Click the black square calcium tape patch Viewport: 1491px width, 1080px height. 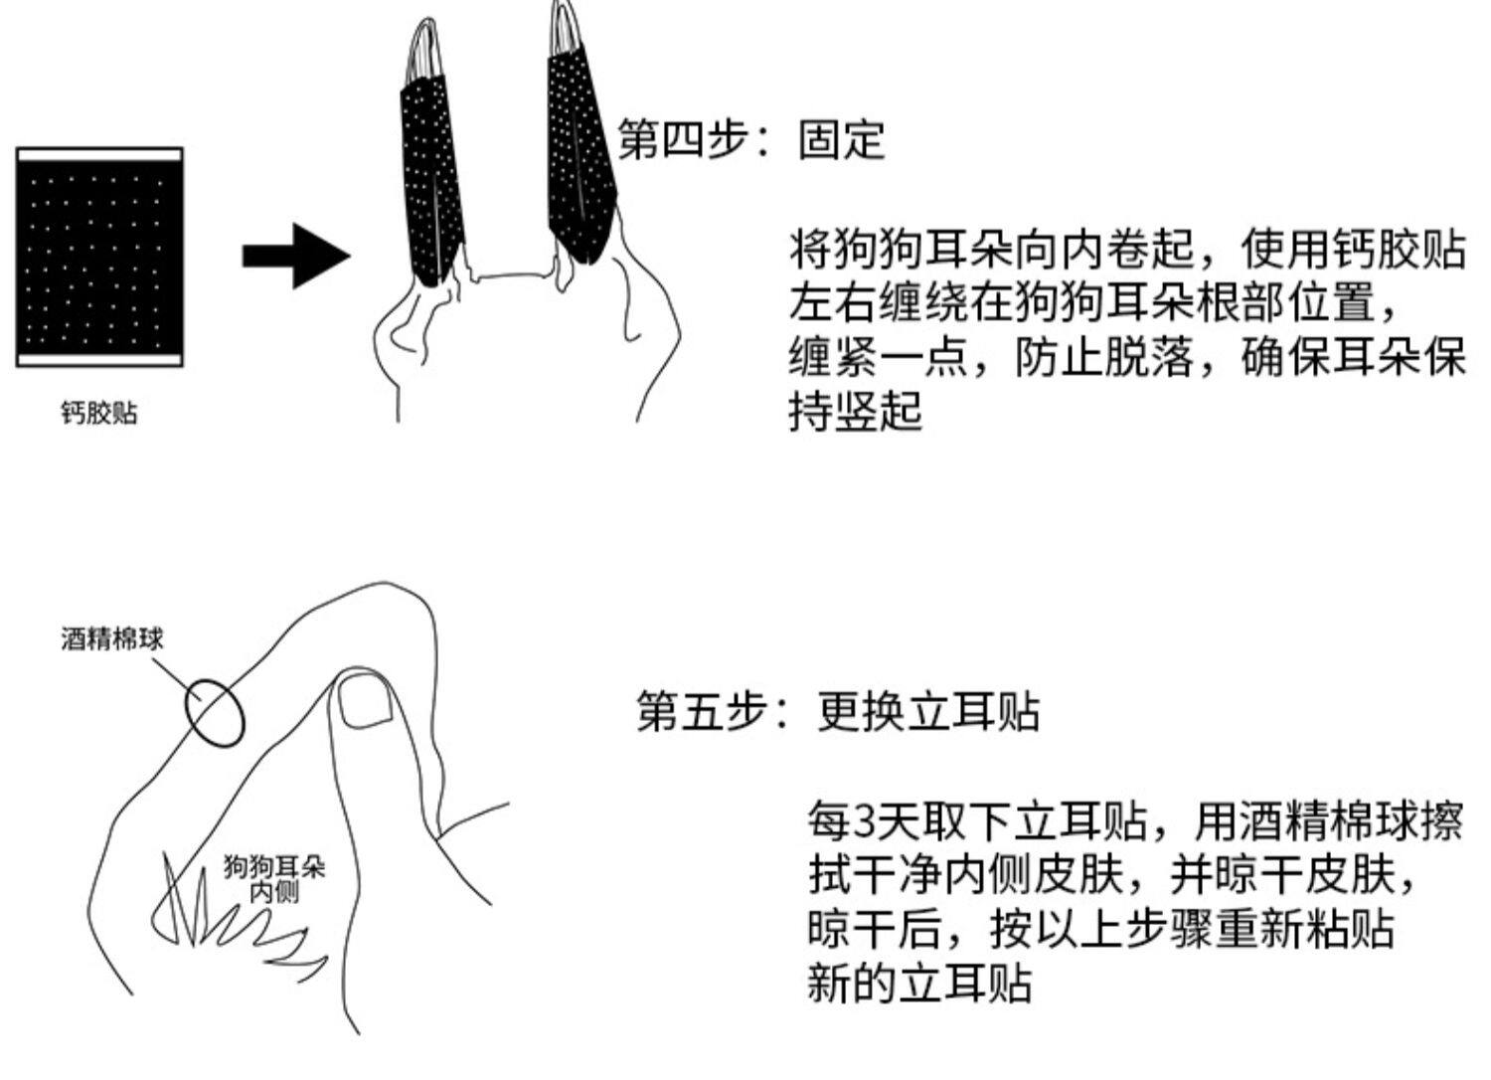click(99, 258)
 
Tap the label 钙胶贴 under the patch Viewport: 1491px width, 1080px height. click(98, 413)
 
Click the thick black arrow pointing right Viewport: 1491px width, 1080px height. click(295, 256)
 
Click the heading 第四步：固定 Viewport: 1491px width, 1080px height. click(750, 139)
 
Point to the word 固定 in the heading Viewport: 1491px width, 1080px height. click(841, 139)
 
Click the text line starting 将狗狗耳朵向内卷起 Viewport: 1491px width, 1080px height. click(1127, 249)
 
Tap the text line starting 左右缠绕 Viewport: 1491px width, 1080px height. click(1093, 302)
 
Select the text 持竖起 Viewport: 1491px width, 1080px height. click(856, 411)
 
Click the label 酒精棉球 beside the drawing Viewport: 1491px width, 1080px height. click(111, 638)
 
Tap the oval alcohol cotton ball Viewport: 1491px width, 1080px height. click(215, 712)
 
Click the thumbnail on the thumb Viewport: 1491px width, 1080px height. click(366, 699)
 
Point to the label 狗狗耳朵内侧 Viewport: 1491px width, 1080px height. click(273, 878)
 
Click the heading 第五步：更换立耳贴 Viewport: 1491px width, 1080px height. click(838, 712)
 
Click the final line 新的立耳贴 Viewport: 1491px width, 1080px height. click(919, 984)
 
